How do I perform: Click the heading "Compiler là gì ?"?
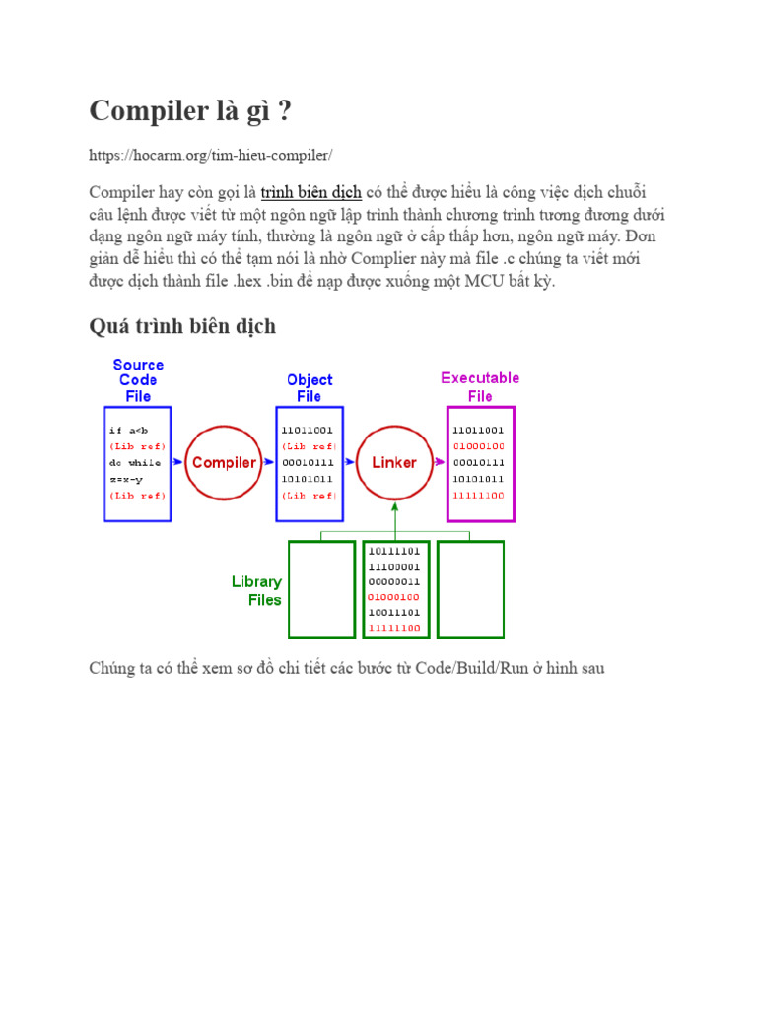pos(190,111)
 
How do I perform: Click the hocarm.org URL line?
pos(211,155)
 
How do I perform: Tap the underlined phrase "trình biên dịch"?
pos(310,191)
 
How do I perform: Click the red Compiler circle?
pos(224,462)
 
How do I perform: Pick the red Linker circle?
pos(394,462)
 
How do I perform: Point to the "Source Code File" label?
pos(138,380)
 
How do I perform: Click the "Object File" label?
pos(310,388)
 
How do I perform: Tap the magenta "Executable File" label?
pos(480,386)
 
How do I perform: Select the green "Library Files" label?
pos(256,590)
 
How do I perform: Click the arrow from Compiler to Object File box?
pos(267,462)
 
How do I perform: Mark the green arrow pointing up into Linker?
pos(394,517)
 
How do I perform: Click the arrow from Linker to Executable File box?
pos(439,462)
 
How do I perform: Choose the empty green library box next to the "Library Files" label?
pos(321,589)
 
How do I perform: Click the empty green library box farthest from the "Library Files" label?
pos(470,589)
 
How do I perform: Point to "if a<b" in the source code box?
pos(128,431)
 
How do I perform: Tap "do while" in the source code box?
pos(135,462)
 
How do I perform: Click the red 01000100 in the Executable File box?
pos(478,446)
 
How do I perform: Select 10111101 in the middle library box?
pos(393,551)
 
